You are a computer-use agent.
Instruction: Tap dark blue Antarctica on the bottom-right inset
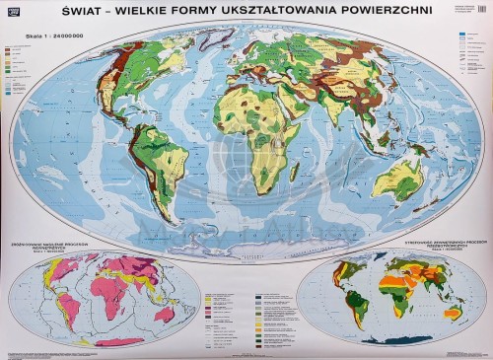[x=394, y=340]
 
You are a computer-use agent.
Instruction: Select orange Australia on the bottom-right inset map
[x=451, y=315]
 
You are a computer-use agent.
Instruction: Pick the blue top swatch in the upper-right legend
[x=460, y=35]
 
